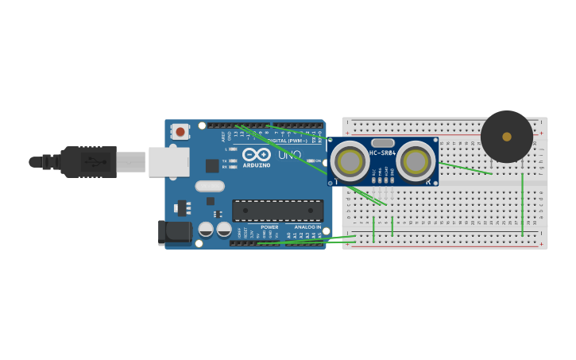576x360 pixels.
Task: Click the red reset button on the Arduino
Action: click(180, 131)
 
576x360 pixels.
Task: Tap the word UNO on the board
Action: click(289, 154)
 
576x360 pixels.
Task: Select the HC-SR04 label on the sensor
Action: click(382, 153)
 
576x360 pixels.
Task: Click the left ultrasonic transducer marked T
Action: click(350, 162)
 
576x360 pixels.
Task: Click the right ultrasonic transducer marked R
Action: click(415, 161)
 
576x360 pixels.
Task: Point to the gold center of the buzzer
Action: click(507, 137)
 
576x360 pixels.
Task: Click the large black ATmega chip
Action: click(277, 211)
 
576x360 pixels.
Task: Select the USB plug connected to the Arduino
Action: click(88, 161)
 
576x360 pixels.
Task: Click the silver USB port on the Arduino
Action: click(168, 161)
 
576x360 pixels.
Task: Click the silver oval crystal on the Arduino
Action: click(210, 186)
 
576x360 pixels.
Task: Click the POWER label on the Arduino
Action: click(269, 227)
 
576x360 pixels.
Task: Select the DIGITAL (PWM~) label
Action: click(288, 141)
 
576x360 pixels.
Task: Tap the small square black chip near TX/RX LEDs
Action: click(212, 165)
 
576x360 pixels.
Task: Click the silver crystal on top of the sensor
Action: click(382, 143)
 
